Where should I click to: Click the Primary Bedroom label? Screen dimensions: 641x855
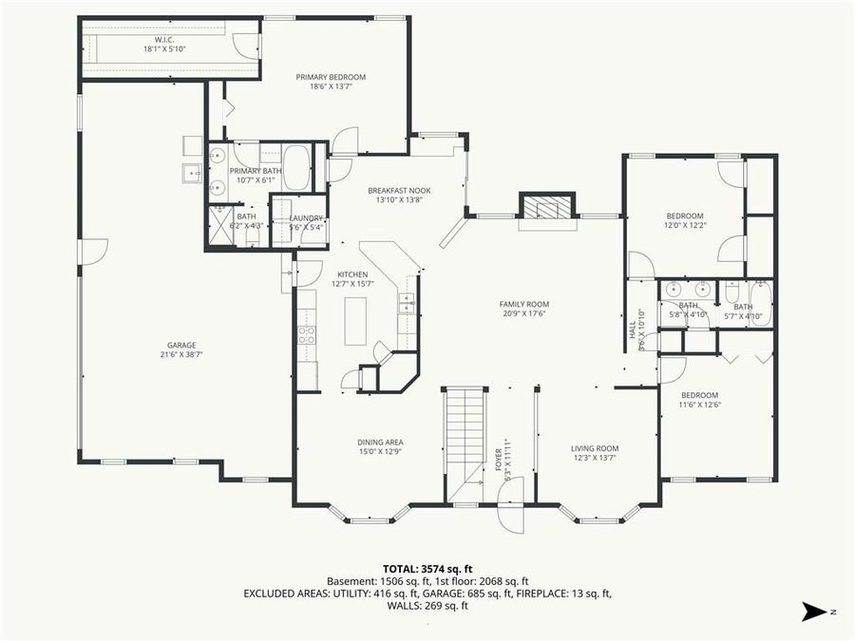(x=331, y=77)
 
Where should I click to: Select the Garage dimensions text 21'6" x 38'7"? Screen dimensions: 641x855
(x=181, y=353)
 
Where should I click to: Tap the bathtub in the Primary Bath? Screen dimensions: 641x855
(x=296, y=168)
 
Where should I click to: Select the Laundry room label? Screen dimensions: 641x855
(x=306, y=217)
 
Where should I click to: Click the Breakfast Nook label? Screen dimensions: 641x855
(x=399, y=190)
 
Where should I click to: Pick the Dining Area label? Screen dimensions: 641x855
(x=380, y=442)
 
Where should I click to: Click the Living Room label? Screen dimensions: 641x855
(x=595, y=448)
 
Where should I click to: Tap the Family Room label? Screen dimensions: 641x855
(x=524, y=304)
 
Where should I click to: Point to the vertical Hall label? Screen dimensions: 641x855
(x=632, y=330)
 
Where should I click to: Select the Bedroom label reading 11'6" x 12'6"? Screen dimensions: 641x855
(x=699, y=395)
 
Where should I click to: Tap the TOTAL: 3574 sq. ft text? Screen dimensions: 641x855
(x=427, y=568)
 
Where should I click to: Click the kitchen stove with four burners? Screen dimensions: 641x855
(x=307, y=334)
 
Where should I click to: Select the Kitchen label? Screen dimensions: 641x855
(x=352, y=274)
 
